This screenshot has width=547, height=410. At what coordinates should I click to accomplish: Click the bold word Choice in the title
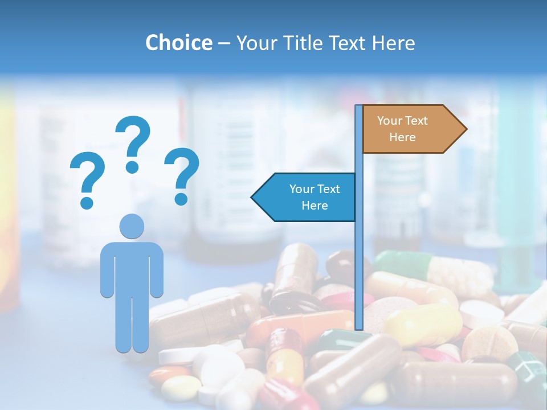click(x=178, y=43)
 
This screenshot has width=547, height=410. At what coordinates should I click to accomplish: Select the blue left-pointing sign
click(x=308, y=197)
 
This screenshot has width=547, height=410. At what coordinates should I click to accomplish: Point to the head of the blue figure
click(x=132, y=226)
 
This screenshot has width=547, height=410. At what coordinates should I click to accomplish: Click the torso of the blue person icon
click(x=132, y=268)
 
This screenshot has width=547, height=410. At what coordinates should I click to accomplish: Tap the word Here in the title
click(x=393, y=43)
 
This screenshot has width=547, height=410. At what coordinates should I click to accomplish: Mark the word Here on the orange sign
click(x=402, y=137)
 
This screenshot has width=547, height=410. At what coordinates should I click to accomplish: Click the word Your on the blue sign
click(x=302, y=189)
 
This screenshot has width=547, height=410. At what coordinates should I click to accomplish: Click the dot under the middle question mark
click(x=132, y=167)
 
